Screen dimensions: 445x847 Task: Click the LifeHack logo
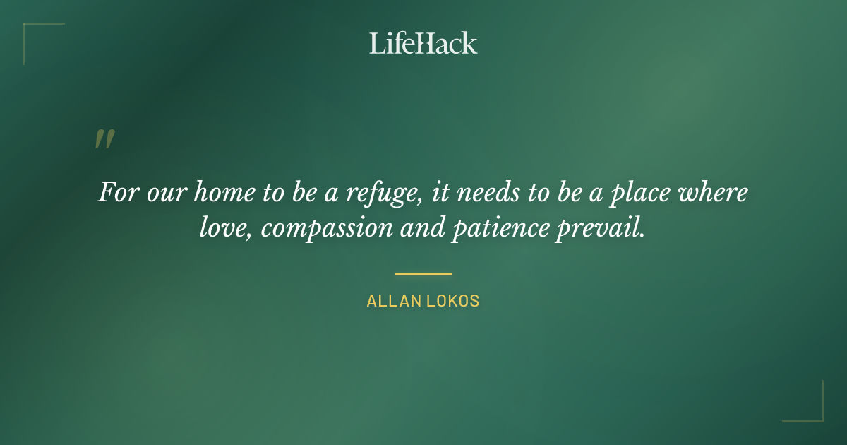click(x=423, y=43)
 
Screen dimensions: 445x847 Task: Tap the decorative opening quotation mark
click(x=104, y=139)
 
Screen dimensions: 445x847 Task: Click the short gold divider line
click(x=423, y=274)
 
